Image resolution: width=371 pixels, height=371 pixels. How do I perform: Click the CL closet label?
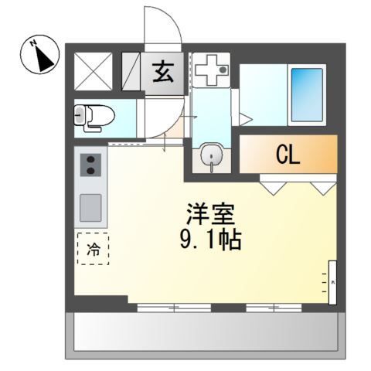pyautogui.click(x=287, y=155)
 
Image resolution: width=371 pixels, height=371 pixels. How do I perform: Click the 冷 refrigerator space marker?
pyautogui.click(x=93, y=249)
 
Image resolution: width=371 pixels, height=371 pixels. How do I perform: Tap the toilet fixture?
pyautogui.click(x=94, y=116)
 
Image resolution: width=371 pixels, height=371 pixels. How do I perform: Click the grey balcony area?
pyautogui.click(x=205, y=334)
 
